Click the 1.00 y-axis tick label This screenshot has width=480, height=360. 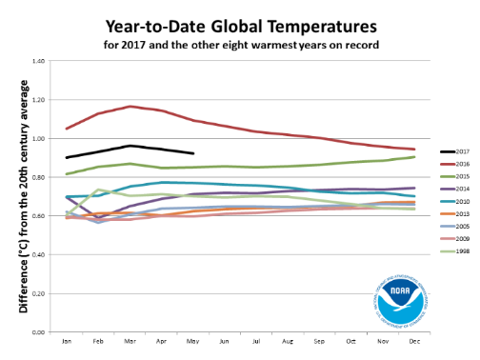(x=39, y=139)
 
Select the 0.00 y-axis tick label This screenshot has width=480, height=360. (x=39, y=332)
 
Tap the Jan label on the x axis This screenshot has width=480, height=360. (x=67, y=340)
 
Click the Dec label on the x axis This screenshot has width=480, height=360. (x=414, y=340)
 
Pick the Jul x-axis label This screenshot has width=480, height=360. (x=256, y=340)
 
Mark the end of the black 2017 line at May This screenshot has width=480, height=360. (x=193, y=153)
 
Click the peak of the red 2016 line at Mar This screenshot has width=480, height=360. (x=130, y=107)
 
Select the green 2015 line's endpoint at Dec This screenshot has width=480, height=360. (x=414, y=157)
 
